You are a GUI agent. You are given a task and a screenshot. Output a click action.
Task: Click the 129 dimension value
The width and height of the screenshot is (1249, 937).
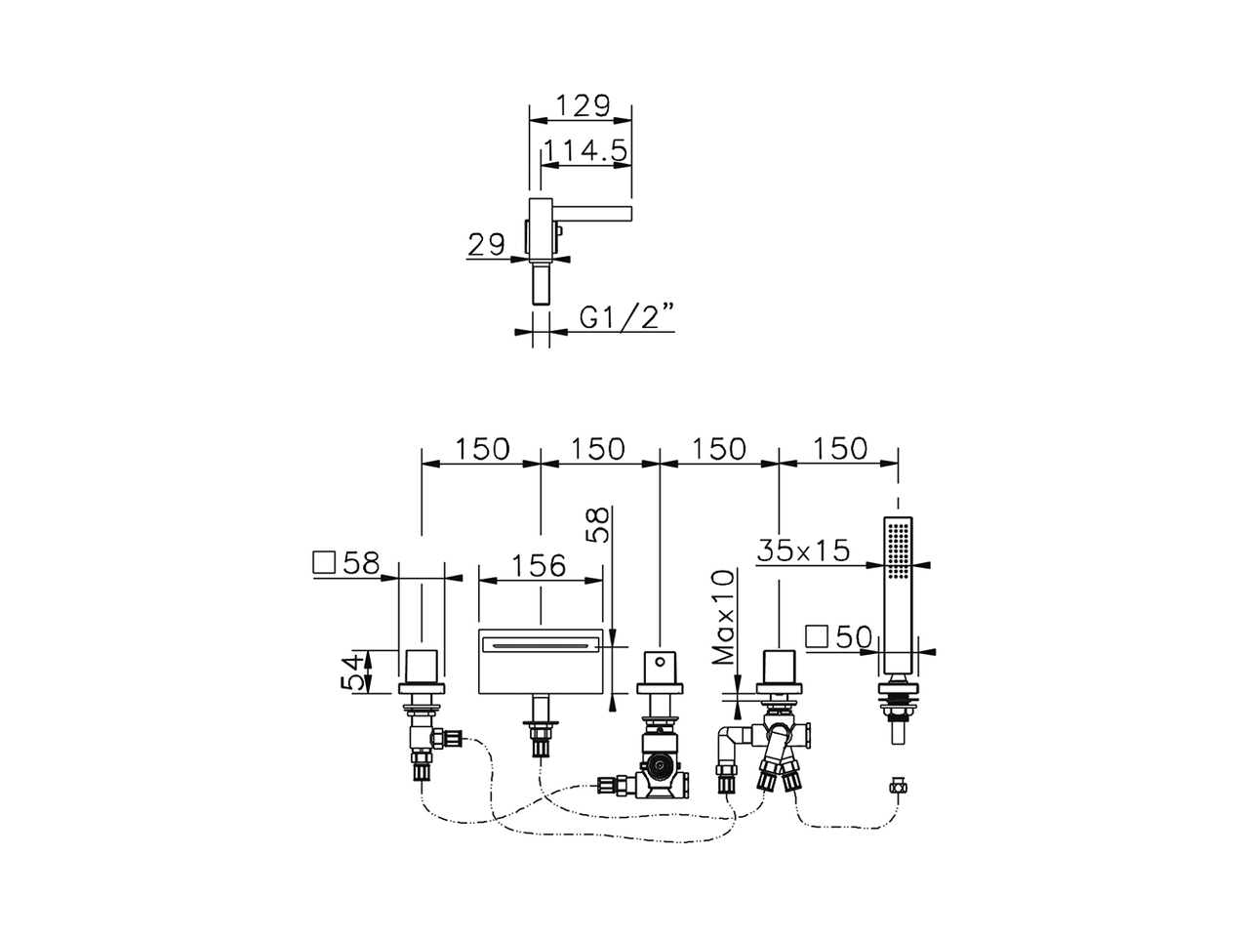(582, 105)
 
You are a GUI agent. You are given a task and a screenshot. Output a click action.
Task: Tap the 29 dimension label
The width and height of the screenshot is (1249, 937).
(485, 245)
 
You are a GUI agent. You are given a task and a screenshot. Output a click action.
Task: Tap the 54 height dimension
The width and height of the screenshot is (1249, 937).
(357, 672)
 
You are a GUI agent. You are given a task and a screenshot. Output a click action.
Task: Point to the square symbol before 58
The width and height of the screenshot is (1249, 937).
(323, 563)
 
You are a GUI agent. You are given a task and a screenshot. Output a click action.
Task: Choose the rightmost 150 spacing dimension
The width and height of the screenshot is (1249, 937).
(838, 448)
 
